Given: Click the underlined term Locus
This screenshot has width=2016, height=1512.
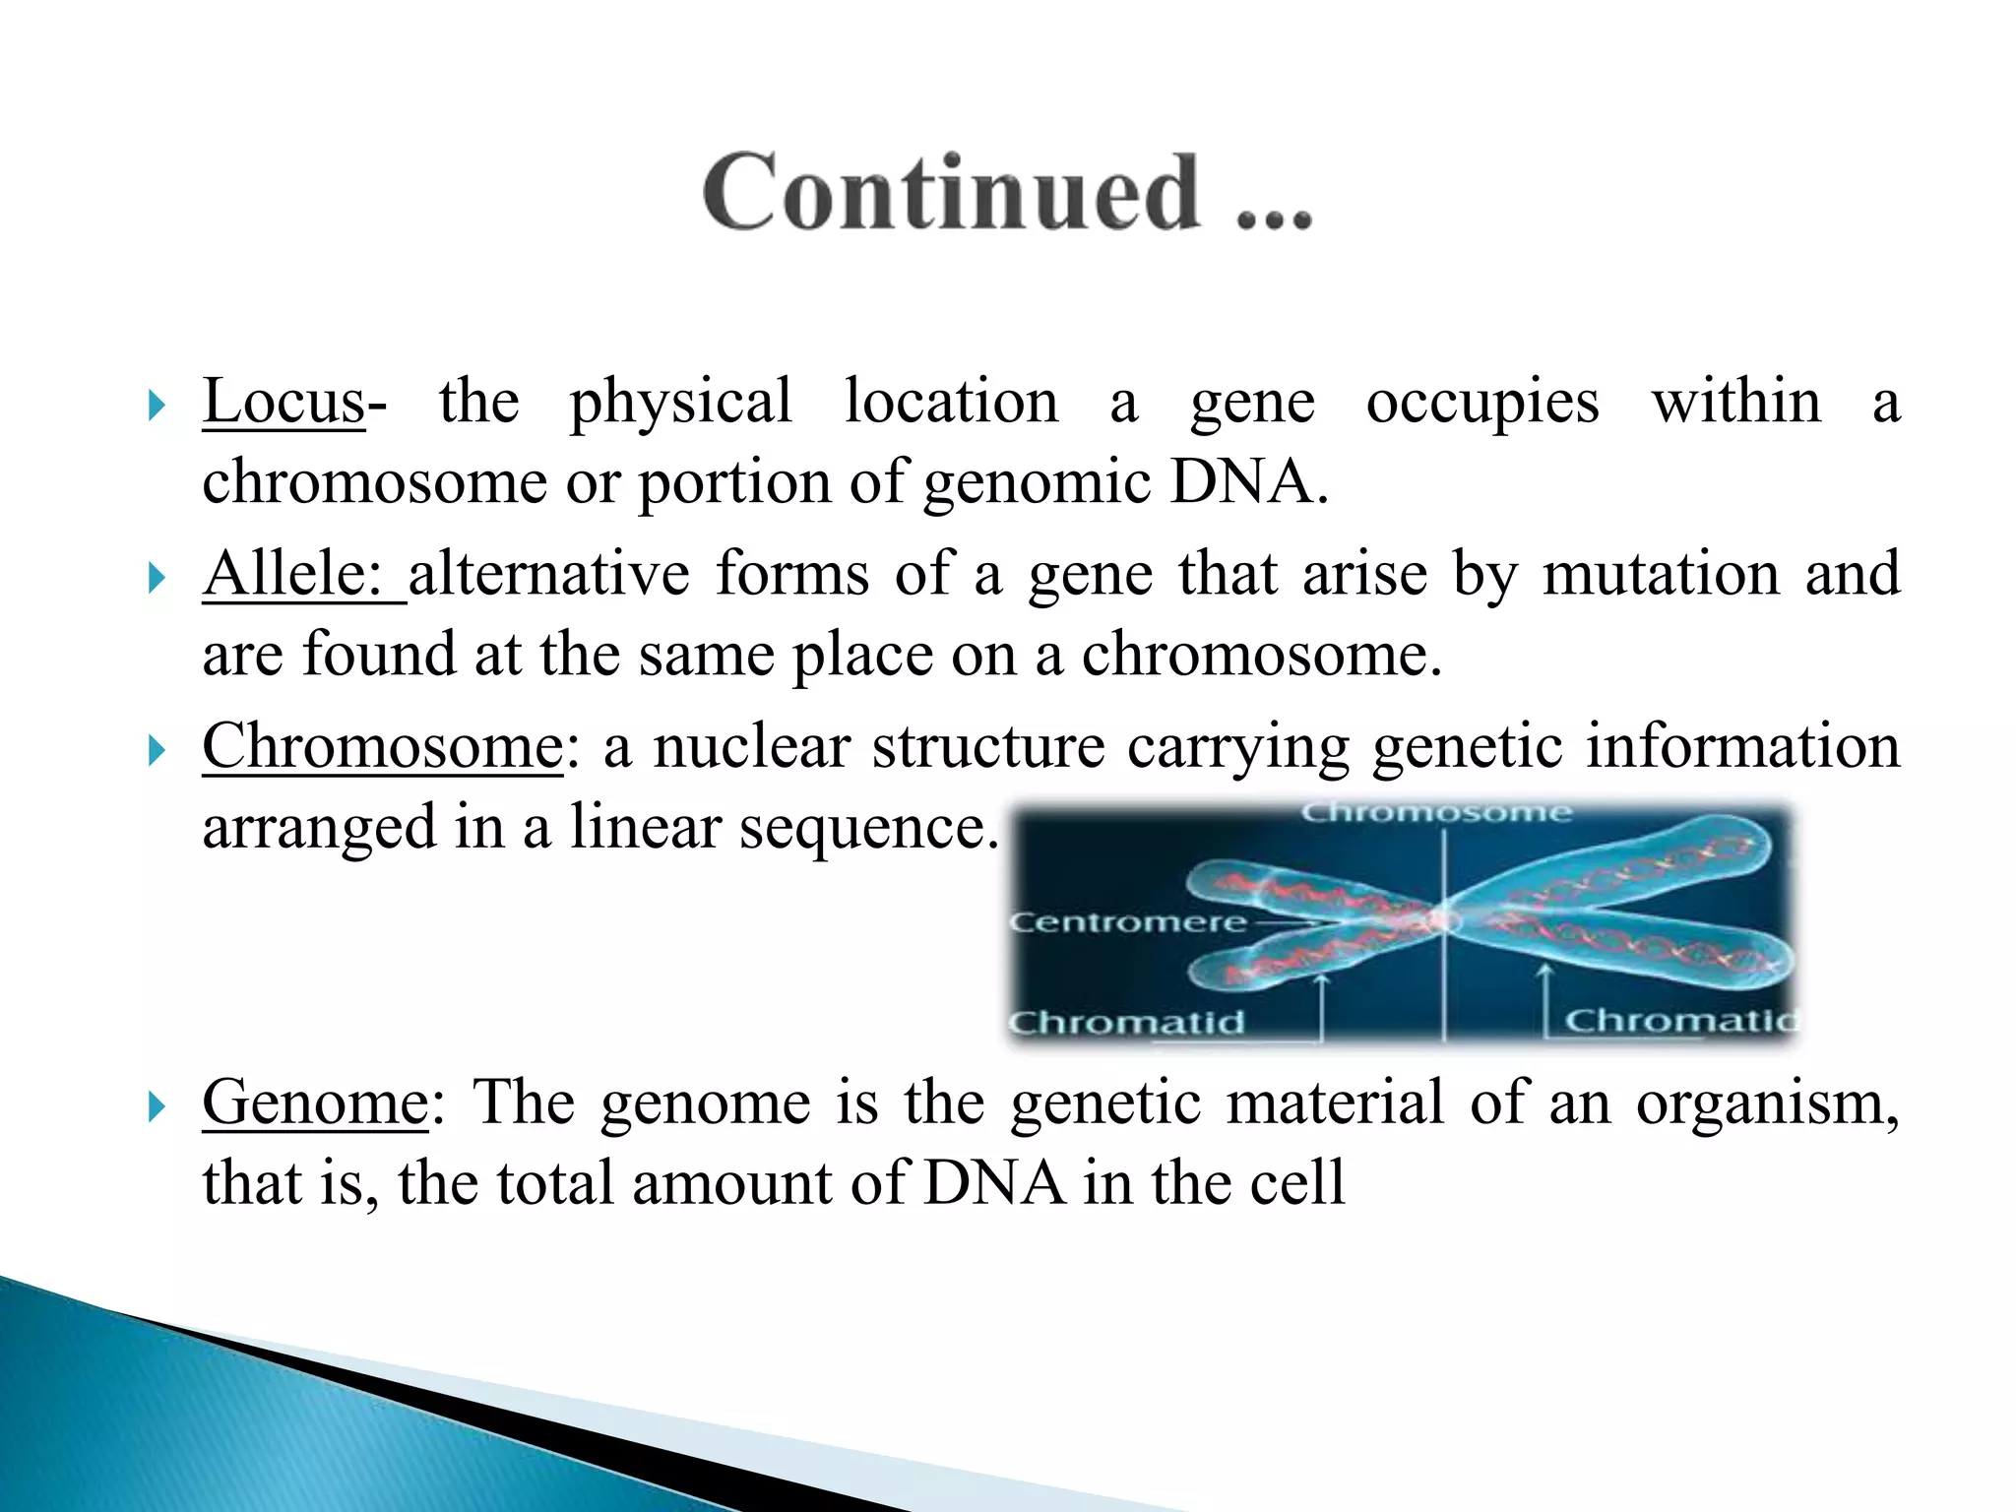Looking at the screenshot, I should coord(283,402).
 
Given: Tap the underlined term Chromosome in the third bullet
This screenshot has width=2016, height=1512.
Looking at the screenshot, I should coord(382,746).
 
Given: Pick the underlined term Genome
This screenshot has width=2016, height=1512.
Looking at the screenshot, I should coord(315,1102).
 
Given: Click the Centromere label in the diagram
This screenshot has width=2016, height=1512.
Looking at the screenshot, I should coord(1128,922).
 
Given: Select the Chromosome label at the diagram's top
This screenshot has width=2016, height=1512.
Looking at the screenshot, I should coord(1436,813).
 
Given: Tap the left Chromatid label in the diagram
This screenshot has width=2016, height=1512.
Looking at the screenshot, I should coord(1126,1023).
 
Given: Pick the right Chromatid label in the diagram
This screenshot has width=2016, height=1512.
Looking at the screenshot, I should coord(1677,1021).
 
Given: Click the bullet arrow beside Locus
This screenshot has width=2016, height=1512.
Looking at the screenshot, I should coord(157,405).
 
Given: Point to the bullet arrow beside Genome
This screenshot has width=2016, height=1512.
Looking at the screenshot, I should coord(157,1107).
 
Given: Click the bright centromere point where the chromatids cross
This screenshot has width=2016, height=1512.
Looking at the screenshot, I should coord(1442,920).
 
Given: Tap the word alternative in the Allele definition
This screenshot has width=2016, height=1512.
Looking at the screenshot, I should coord(549,574).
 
